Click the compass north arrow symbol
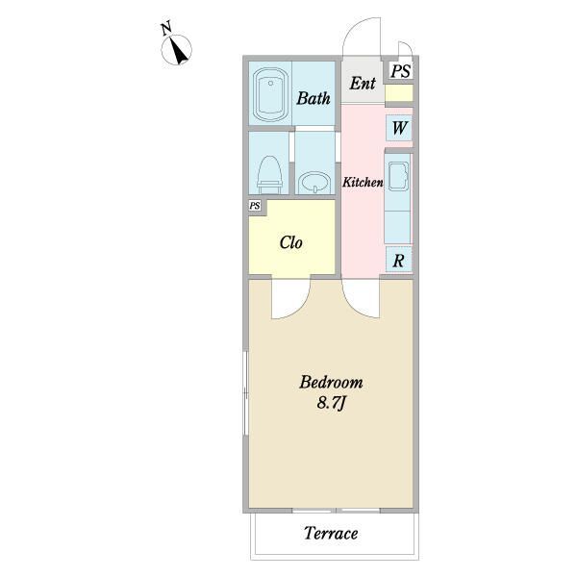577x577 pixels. (177, 50)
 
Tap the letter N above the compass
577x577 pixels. (166, 28)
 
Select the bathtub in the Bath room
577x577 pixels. (270, 95)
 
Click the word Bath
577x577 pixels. (314, 98)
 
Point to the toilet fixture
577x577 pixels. (269, 175)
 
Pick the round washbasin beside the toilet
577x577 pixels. (314, 182)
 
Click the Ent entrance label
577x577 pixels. (363, 83)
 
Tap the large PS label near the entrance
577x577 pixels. (400, 70)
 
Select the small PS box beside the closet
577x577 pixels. (255, 206)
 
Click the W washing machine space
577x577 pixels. (399, 128)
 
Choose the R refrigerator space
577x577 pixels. (398, 261)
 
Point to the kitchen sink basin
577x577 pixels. (398, 177)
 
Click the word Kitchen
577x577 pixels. (363, 182)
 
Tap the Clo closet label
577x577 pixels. (291, 242)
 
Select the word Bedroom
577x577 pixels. (331, 383)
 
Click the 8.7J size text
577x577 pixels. (331, 404)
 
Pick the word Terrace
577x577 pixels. (331, 533)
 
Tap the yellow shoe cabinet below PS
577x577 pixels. (399, 93)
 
